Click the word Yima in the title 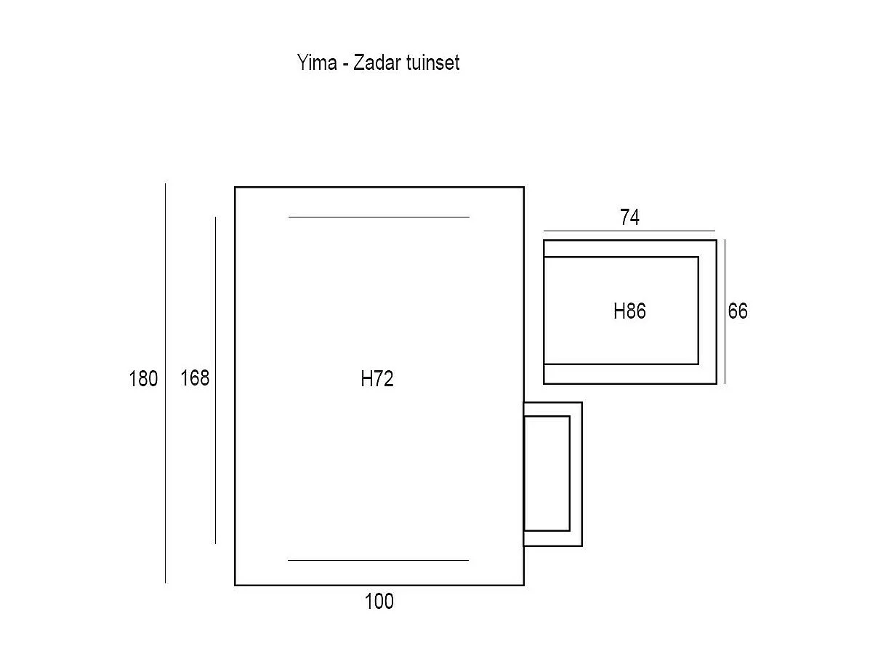point(316,63)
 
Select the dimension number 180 point(143,379)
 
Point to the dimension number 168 point(195,378)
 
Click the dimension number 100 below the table point(379,602)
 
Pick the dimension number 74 point(629,217)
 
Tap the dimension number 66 point(738,311)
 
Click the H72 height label point(377,379)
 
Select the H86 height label point(629,311)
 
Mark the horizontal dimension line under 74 point(629,231)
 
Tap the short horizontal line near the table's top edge point(379,217)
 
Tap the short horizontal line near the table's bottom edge point(379,560)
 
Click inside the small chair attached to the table point(547,474)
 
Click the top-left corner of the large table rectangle point(235,188)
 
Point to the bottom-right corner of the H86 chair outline point(717,383)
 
